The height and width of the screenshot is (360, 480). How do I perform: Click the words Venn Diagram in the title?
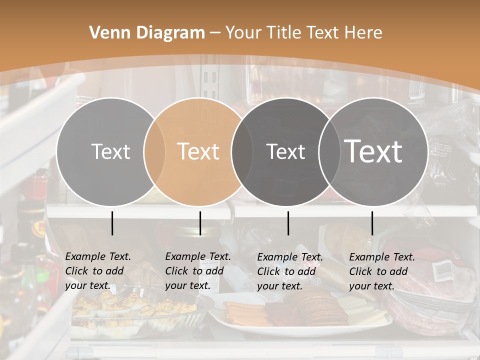(147, 33)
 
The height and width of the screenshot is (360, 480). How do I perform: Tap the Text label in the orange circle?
(198, 151)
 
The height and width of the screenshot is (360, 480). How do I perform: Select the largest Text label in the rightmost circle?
(373, 151)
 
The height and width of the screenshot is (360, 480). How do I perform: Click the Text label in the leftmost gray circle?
(110, 151)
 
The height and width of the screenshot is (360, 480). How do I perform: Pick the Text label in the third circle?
(285, 151)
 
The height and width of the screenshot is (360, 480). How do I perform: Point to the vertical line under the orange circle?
(200, 223)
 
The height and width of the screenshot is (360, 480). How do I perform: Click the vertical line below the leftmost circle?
(112, 223)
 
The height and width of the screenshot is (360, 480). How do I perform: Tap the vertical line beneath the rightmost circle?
(372, 223)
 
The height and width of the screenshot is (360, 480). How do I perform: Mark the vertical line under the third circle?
(288, 223)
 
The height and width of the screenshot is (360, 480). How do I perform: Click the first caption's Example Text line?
(98, 256)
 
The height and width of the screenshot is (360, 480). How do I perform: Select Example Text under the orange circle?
(198, 256)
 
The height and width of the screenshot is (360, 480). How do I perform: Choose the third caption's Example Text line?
(290, 257)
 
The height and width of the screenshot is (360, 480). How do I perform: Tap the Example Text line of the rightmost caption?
(382, 257)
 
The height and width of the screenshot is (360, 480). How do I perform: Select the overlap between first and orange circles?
(154, 151)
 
